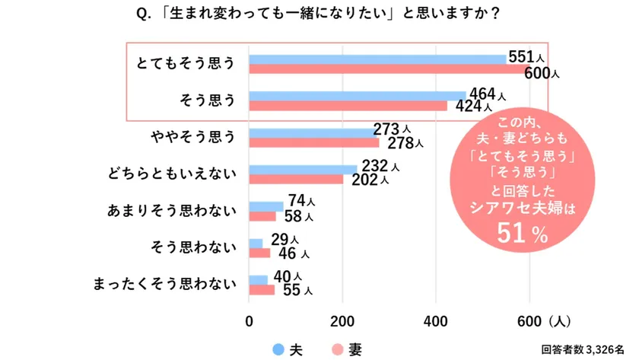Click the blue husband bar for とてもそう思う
(377, 59)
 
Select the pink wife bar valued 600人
(388, 69)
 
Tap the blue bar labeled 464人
(358, 96)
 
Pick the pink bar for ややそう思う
(313, 142)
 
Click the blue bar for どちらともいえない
(303, 169)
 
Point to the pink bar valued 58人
(262, 216)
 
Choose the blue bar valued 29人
(256, 244)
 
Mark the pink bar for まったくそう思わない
(262, 289)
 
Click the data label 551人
(526, 57)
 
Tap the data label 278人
(404, 142)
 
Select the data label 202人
(370, 180)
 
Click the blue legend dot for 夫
(278, 349)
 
